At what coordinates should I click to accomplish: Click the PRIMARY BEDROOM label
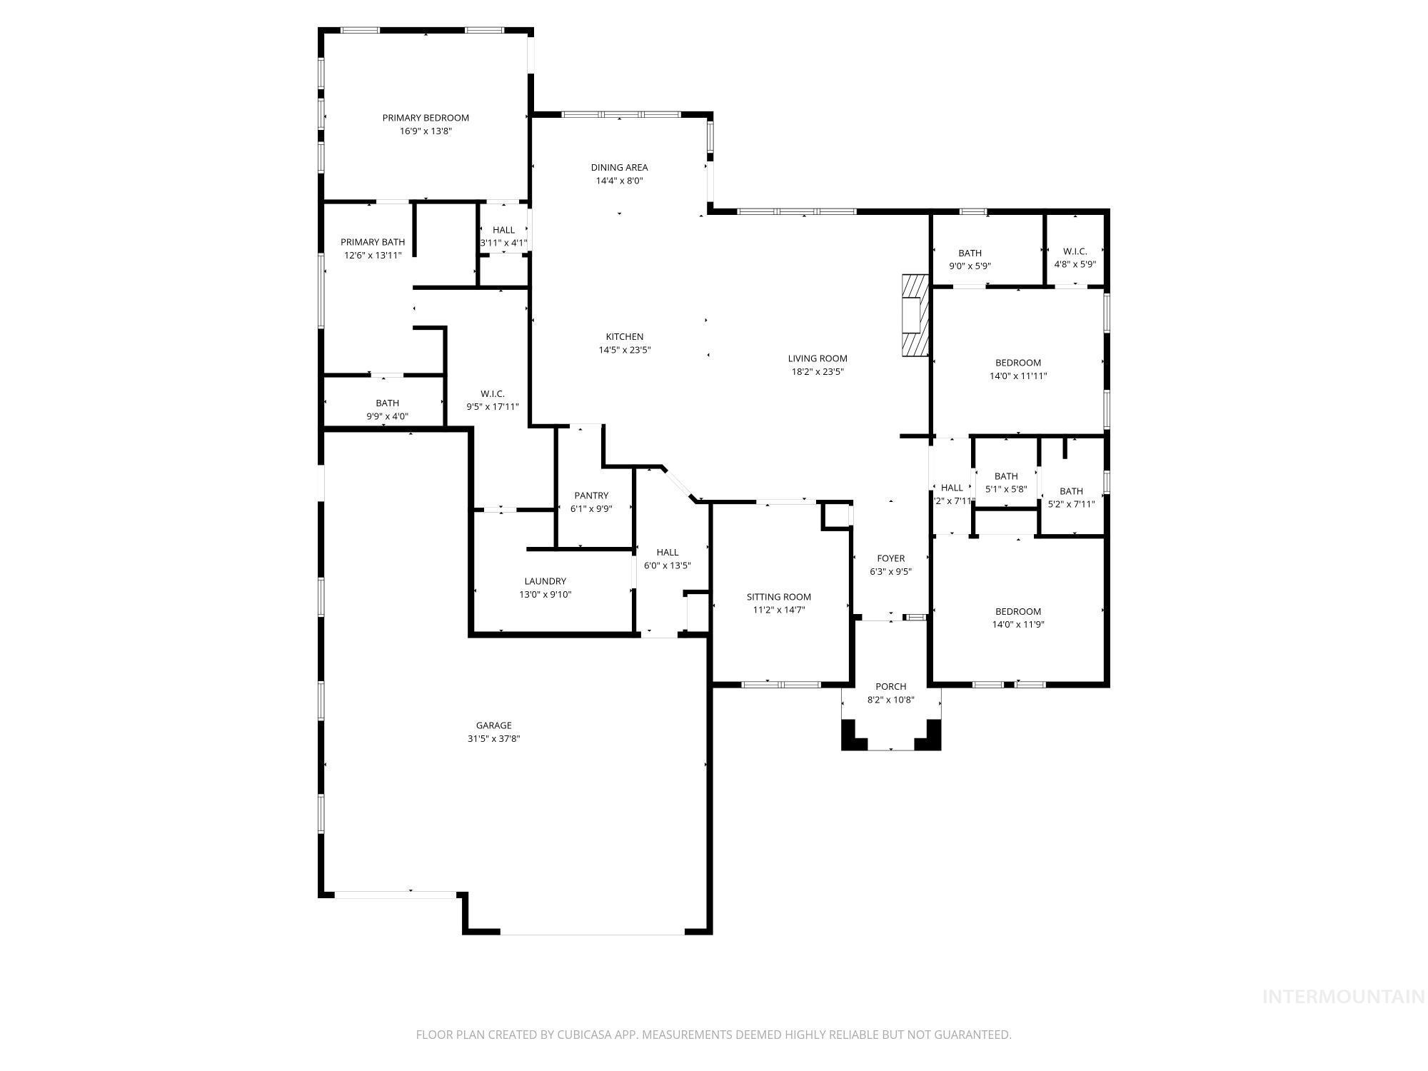tap(426, 118)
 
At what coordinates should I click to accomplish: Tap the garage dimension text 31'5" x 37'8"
tap(493, 739)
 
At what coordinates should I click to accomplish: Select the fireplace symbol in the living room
tap(915, 315)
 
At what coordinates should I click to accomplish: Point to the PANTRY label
tap(591, 496)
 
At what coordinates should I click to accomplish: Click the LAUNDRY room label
tap(545, 581)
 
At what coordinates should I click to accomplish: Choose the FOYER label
tap(890, 558)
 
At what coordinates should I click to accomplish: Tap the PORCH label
tap(890, 687)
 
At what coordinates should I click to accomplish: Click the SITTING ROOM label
tap(778, 597)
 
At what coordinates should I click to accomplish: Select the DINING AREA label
tap(619, 168)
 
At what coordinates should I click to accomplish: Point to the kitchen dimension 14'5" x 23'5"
tap(624, 350)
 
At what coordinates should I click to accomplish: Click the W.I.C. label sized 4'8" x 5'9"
tap(1075, 251)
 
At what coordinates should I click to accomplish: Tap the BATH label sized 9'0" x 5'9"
tap(970, 253)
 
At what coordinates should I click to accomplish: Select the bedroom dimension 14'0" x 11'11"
tap(1017, 376)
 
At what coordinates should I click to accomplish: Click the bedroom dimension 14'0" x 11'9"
tap(1017, 624)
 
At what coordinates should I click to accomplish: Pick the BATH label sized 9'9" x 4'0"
tap(387, 403)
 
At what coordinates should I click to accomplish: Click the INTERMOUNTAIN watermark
tap(1343, 997)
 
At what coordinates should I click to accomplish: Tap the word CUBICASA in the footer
tap(588, 1035)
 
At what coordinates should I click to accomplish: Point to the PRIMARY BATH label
tap(372, 242)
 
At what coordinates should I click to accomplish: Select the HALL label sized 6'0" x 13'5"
tap(667, 552)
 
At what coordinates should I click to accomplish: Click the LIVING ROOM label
tap(817, 358)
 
